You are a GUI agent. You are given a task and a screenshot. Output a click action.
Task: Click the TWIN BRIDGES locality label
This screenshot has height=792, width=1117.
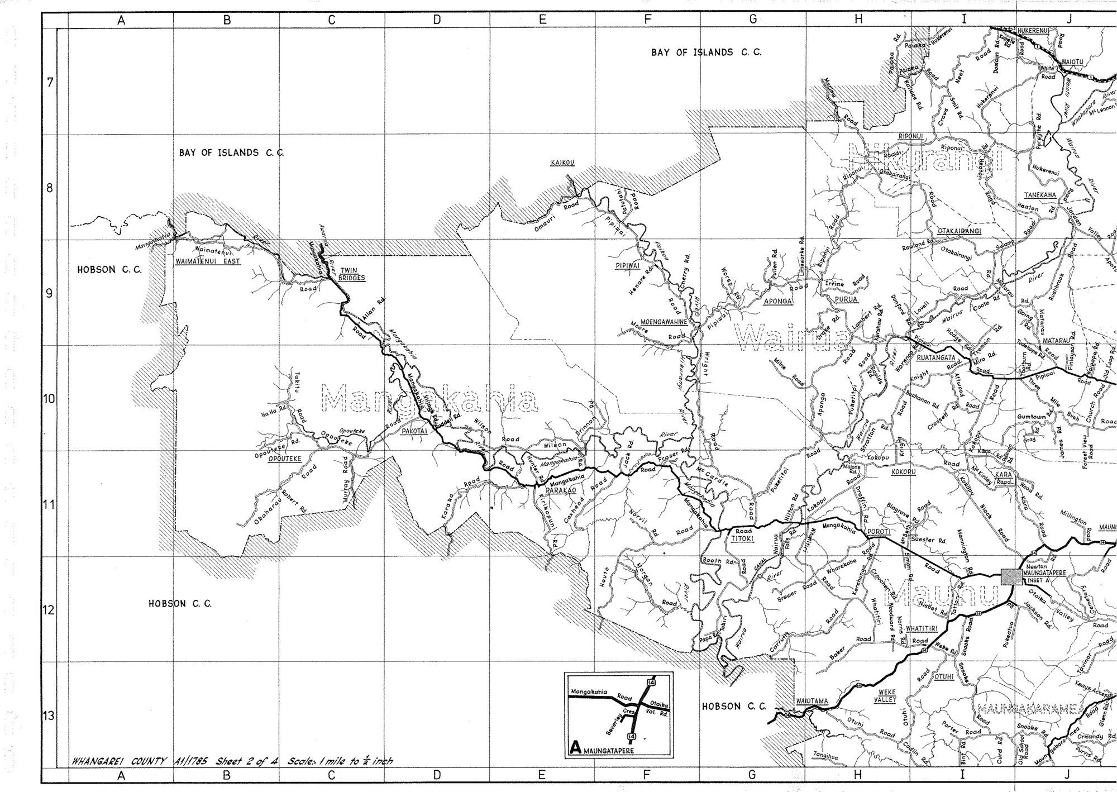[x=352, y=274]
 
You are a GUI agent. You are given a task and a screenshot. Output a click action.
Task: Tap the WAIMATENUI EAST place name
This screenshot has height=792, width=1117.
[x=208, y=261]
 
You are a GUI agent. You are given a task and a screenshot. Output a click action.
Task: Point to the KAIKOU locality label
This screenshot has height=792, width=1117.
[x=562, y=163]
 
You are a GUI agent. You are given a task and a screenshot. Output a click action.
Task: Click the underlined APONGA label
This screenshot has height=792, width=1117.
[x=778, y=301]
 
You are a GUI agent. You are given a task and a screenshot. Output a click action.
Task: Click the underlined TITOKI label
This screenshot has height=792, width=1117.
[x=743, y=538]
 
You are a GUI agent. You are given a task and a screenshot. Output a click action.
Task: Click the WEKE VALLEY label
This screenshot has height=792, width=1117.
[x=887, y=696]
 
